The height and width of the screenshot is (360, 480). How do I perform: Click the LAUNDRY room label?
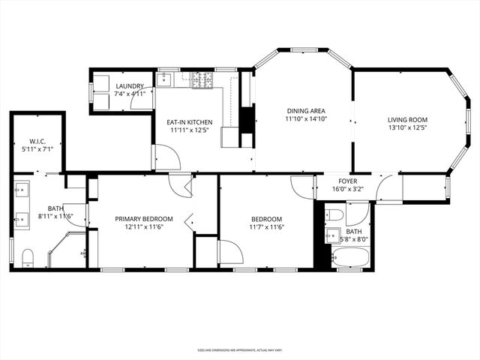coord(130,86)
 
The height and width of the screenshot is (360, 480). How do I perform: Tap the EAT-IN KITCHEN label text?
coord(189,122)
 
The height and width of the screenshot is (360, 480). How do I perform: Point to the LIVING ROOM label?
coord(407,120)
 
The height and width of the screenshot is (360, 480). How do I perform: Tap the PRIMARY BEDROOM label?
coord(143,219)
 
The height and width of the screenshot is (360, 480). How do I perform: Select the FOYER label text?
coord(347,181)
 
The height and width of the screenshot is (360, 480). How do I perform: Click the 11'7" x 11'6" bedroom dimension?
coord(266,227)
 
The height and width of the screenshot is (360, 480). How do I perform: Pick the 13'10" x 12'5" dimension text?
coord(407,128)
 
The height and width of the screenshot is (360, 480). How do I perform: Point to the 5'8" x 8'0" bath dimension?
coord(354,240)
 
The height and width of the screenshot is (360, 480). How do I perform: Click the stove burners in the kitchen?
coord(202,79)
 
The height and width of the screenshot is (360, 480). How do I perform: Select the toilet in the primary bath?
coord(28,259)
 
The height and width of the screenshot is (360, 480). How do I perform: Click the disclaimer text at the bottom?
coord(240,350)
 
